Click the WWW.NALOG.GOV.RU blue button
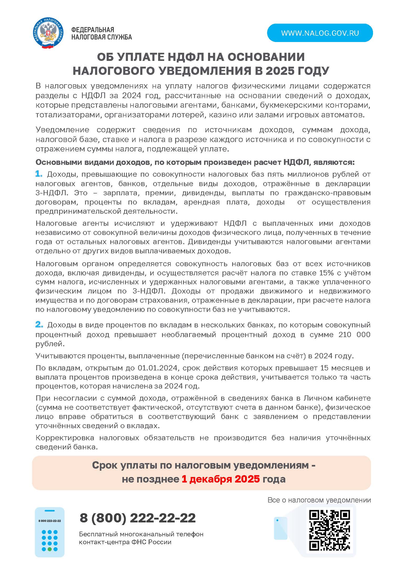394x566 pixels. coord(320,33)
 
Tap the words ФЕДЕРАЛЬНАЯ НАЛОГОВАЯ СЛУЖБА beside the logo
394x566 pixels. coord(101,34)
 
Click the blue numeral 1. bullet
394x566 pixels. coord(39,174)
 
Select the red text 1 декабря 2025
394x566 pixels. coord(221,479)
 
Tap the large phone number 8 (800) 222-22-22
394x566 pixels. coord(138,518)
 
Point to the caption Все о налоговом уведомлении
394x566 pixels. coord(319,500)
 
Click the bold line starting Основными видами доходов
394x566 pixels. coord(195,162)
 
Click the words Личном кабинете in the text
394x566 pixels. coord(337,398)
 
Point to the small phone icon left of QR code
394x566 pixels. coord(280,528)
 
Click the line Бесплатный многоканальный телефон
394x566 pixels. coord(141,534)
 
